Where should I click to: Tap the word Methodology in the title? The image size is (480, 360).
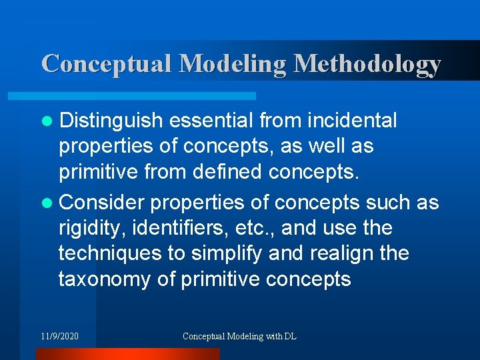click(x=367, y=64)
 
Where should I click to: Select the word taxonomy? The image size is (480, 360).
click(x=105, y=279)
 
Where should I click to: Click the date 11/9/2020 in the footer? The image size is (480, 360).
click(x=59, y=336)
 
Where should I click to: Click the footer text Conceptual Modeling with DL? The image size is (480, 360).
click(x=240, y=336)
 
